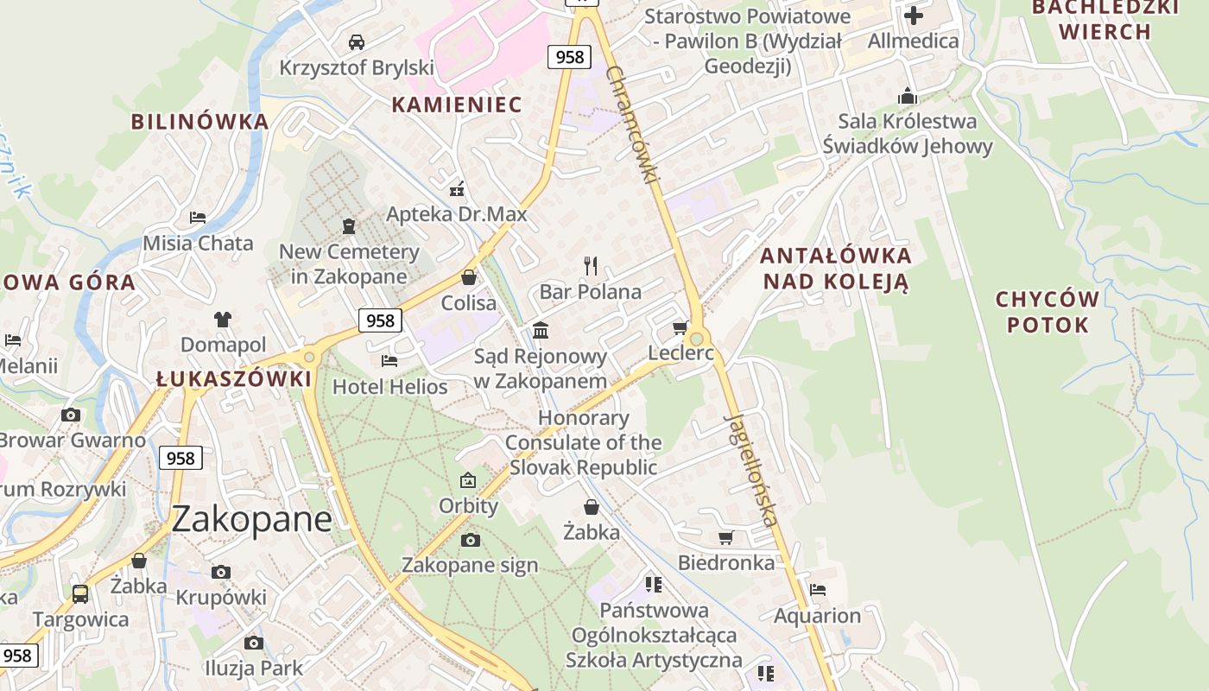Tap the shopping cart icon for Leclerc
click(680, 328)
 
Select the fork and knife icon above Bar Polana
click(591, 265)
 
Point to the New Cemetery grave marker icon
click(349, 226)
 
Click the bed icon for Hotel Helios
click(389, 360)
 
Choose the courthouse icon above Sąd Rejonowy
click(541, 330)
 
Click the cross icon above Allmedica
click(913, 15)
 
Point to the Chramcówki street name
click(632, 124)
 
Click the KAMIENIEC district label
click(457, 105)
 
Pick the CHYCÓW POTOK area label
click(1047, 312)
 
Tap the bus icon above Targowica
click(80, 593)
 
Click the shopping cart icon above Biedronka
click(725, 537)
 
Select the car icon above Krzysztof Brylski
click(356, 41)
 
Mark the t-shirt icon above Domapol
click(223, 319)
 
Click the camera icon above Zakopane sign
click(470, 540)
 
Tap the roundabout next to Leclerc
click(696, 339)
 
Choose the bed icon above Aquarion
click(817, 590)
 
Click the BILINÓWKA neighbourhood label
click(199, 122)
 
